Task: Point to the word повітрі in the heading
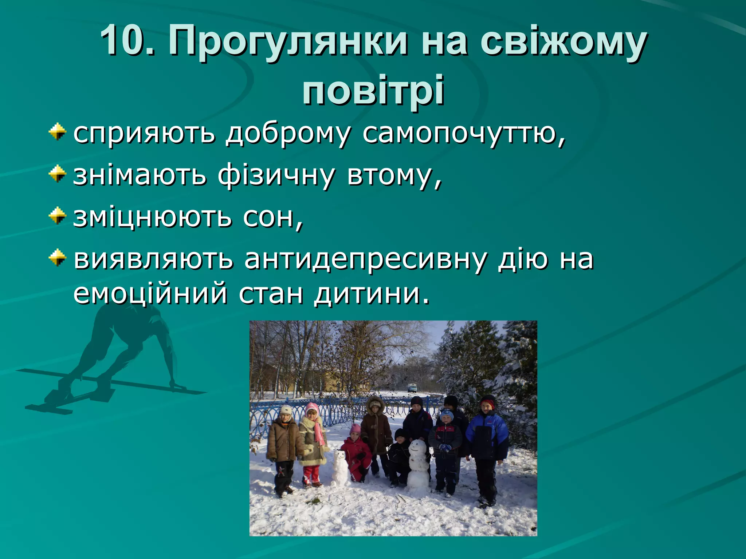tap(373, 90)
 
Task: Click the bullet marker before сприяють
tap(58, 132)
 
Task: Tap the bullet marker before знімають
tap(58, 174)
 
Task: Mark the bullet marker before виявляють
tap(58, 258)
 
